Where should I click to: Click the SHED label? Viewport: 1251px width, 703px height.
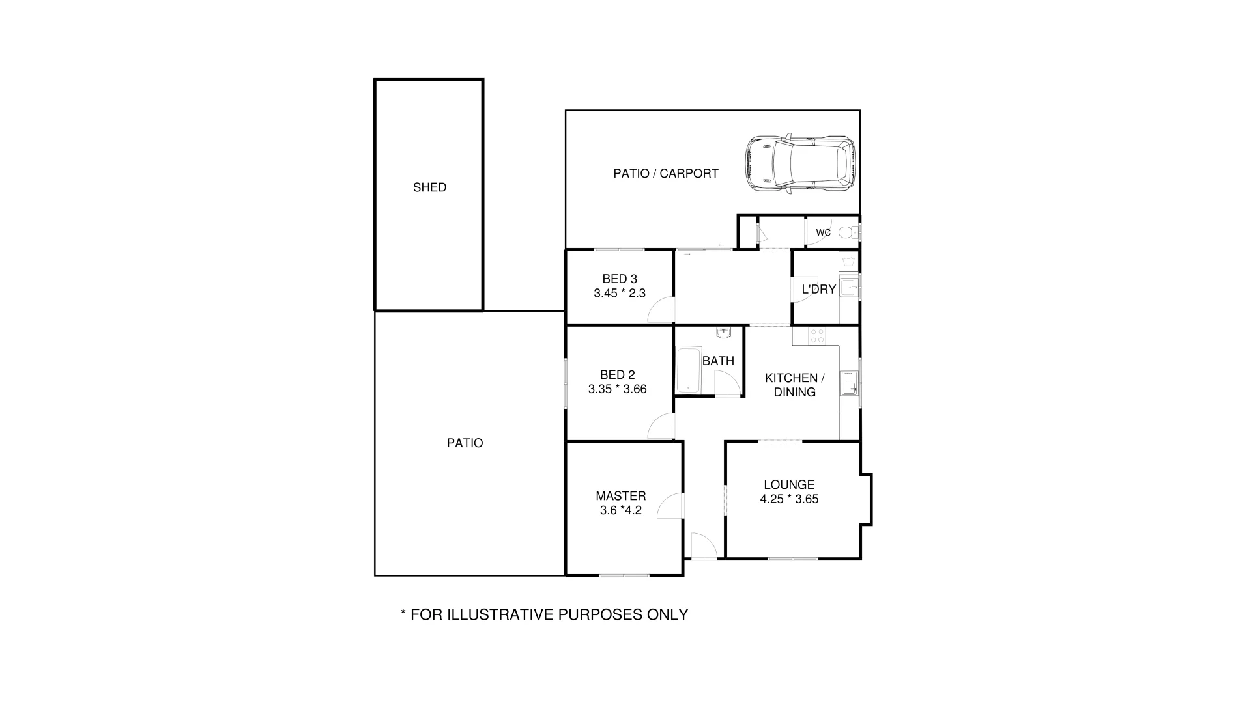coord(429,187)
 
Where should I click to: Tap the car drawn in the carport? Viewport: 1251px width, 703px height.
coord(800,165)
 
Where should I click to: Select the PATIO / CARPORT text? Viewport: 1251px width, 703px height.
coord(665,174)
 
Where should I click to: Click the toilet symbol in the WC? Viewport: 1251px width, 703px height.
coord(847,232)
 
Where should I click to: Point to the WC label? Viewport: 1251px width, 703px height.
coord(823,232)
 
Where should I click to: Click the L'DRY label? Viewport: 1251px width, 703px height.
coord(818,290)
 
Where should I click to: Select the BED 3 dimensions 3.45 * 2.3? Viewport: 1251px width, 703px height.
coord(619,294)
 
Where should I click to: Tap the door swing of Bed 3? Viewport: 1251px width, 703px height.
coord(661,310)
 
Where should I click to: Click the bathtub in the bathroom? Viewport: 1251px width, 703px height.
coord(688,371)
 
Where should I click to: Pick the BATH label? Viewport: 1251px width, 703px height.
coord(718,361)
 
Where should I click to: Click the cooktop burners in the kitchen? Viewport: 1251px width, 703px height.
coord(816,336)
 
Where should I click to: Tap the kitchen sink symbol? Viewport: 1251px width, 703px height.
coord(848,383)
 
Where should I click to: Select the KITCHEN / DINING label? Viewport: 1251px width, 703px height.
coord(794,385)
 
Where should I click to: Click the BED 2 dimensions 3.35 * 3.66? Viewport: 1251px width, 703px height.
coord(617,389)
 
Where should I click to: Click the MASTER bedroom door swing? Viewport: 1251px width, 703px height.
coord(670,506)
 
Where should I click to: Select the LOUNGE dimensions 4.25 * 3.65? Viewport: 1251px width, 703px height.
coord(789,499)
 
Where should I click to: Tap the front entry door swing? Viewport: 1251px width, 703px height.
coord(703,546)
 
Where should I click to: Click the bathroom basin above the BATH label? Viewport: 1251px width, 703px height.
coord(724,333)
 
